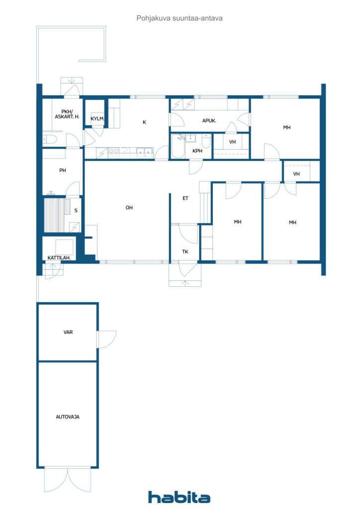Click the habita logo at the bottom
tap(179, 497)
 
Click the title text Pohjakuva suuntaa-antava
tap(180, 18)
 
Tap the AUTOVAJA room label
tap(68, 417)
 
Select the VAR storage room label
tap(68, 332)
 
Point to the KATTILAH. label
tap(59, 258)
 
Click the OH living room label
tap(129, 207)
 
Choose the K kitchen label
tap(145, 122)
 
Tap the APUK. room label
tap(209, 121)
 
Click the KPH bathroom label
tap(197, 151)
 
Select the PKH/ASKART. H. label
tap(67, 114)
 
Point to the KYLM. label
tap(97, 119)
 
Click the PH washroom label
tap(63, 170)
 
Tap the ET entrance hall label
tap(185, 198)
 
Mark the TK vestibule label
tap(185, 252)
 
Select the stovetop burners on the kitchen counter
tap(113, 153)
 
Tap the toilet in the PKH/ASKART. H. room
tap(50, 140)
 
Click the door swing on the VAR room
tap(107, 339)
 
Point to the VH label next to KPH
tap(232, 142)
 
